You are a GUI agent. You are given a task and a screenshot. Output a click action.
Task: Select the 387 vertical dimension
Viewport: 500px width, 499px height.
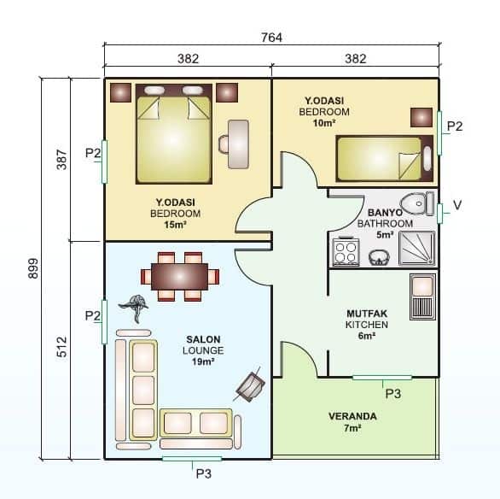[x=61, y=160]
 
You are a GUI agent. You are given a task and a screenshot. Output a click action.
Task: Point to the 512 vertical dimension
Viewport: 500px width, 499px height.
[x=61, y=349]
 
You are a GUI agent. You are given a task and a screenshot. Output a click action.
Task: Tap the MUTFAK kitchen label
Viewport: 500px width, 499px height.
[x=367, y=314]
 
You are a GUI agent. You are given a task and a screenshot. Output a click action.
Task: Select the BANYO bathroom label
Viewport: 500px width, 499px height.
[x=386, y=213]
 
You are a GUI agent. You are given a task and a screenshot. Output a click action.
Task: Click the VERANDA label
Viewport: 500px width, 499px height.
[x=352, y=417]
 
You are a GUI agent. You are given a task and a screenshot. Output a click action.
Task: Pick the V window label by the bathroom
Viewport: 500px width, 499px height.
[x=457, y=205]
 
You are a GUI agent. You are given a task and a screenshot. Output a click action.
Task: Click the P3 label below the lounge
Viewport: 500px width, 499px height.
[x=204, y=473]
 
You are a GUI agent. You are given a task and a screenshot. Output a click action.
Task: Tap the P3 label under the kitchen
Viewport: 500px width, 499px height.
[x=393, y=394]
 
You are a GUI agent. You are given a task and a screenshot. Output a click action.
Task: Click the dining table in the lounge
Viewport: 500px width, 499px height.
[x=179, y=277]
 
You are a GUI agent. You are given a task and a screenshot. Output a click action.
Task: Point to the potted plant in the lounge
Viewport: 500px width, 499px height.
[x=135, y=303]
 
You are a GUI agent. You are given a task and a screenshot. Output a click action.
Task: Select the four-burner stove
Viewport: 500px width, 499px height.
[x=346, y=252]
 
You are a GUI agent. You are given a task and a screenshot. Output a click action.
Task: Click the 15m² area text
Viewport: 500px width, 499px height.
[x=175, y=225]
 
